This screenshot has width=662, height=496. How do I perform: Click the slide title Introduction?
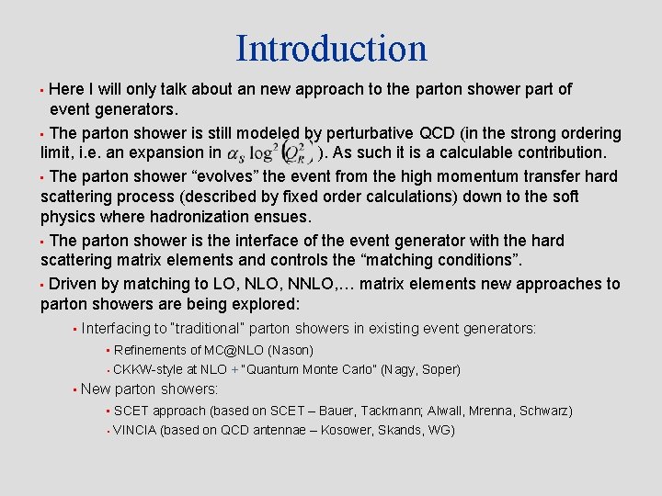331,48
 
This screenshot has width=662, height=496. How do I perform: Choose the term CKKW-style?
148,370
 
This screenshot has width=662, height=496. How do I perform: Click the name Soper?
439,370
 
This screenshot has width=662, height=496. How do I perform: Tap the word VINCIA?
134,430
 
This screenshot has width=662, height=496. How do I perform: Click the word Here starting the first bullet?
66,89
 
